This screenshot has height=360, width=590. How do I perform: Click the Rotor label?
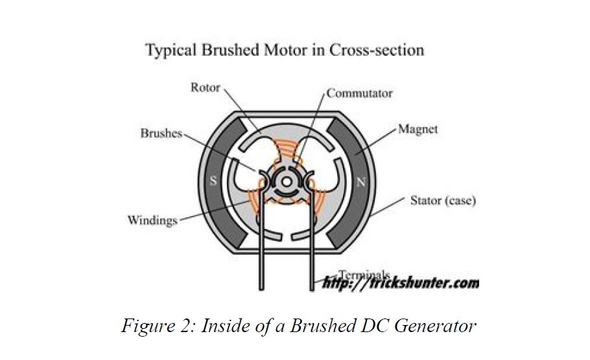(x=205, y=87)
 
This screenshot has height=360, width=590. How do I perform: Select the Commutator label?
(x=359, y=93)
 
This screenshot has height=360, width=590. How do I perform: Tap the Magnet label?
(x=418, y=129)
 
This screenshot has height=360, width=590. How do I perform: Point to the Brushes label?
(x=161, y=134)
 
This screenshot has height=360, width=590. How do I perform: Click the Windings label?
(x=152, y=221)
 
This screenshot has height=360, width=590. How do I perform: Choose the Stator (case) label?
(x=443, y=200)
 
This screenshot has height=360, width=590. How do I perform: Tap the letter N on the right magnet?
(x=361, y=182)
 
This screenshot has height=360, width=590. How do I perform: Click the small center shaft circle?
(x=286, y=182)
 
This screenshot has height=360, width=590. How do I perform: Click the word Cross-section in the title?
(x=377, y=50)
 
